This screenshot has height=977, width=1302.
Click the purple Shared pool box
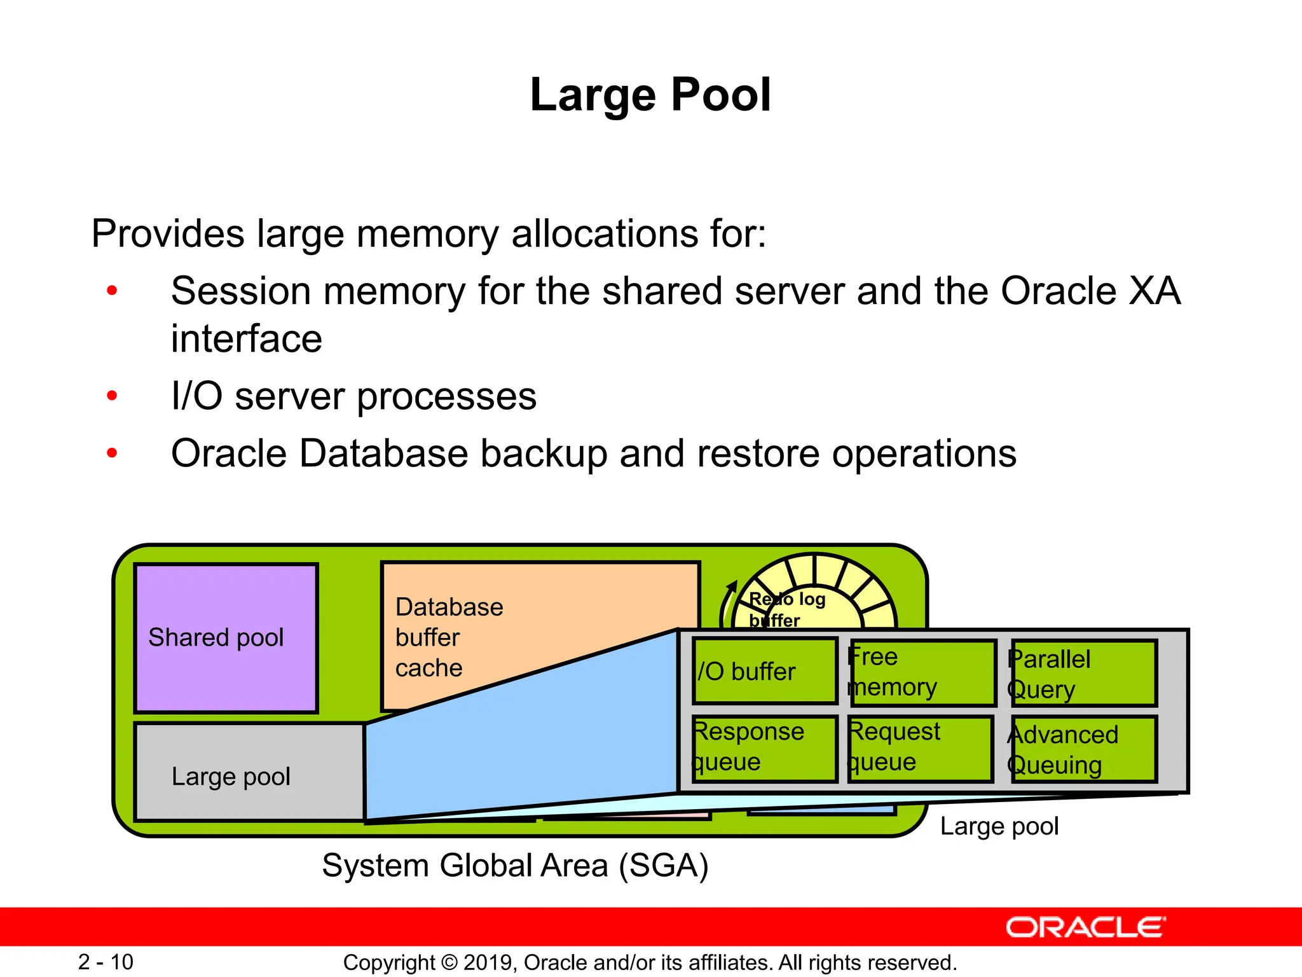click(226, 637)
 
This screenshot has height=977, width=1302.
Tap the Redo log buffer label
click(786, 609)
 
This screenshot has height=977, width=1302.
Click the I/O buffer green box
click(764, 671)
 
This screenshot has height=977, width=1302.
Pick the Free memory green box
click(922, 672)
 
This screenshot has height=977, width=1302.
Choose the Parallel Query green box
click(1083, 674)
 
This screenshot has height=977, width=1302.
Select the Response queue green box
click(764, 747)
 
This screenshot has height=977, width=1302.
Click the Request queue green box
click(920, 747)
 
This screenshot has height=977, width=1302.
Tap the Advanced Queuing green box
click(1083, 749)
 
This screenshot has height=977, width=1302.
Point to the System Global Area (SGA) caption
click(515, 866)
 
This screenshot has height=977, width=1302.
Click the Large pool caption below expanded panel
click(999, 826)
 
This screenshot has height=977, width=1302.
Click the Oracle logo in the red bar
click(1085, 927)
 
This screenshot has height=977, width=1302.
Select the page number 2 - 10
click(106, 962)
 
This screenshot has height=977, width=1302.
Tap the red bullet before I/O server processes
click(113, 396)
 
